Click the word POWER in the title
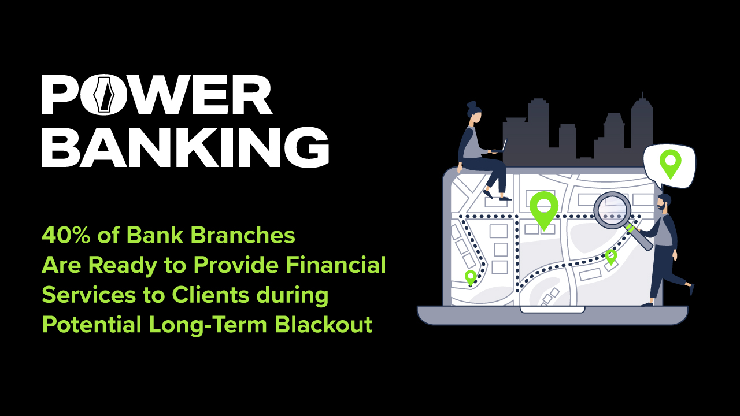pyautogui.click(x=157, y=95)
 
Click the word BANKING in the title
pyautogui.click(x=185, y=147)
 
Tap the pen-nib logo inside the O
pyautogui.click(x=105, y=95)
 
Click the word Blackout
pyautogui.click(x=323, y=324)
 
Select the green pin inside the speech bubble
pyautogui.click(x=670, y=163)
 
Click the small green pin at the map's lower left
pyautogui.click(x=471, y=277)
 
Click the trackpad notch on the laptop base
pyautogui.click(x=552, y=310)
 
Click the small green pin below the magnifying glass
pyautogui.click(x=611, y=256)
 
